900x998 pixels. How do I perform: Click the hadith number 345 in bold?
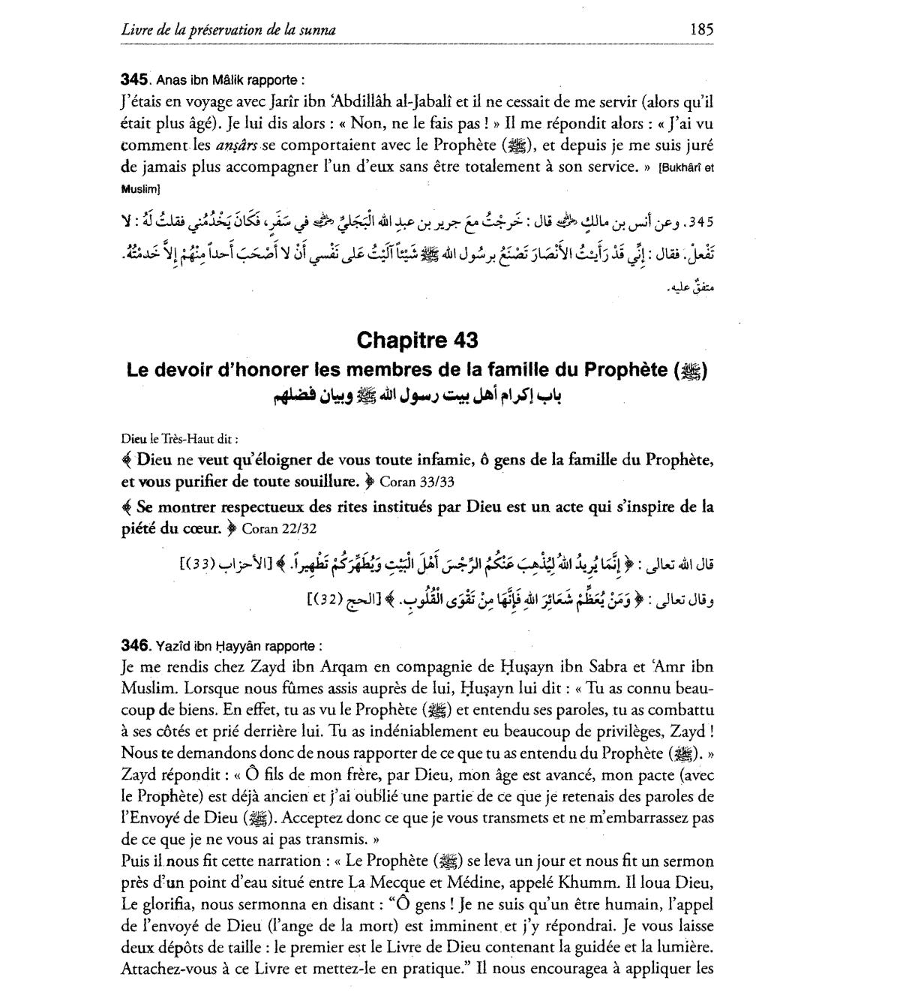pos(135,79)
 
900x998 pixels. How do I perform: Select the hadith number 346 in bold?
pos(135,645)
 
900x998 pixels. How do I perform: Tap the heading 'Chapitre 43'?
pos(417,340)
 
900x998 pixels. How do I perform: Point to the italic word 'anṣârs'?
pos(236,143)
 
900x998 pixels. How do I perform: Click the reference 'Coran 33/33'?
pos(411,480)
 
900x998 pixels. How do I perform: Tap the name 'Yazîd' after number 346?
pos(173,646)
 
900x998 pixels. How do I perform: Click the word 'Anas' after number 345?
pos(171,80)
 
